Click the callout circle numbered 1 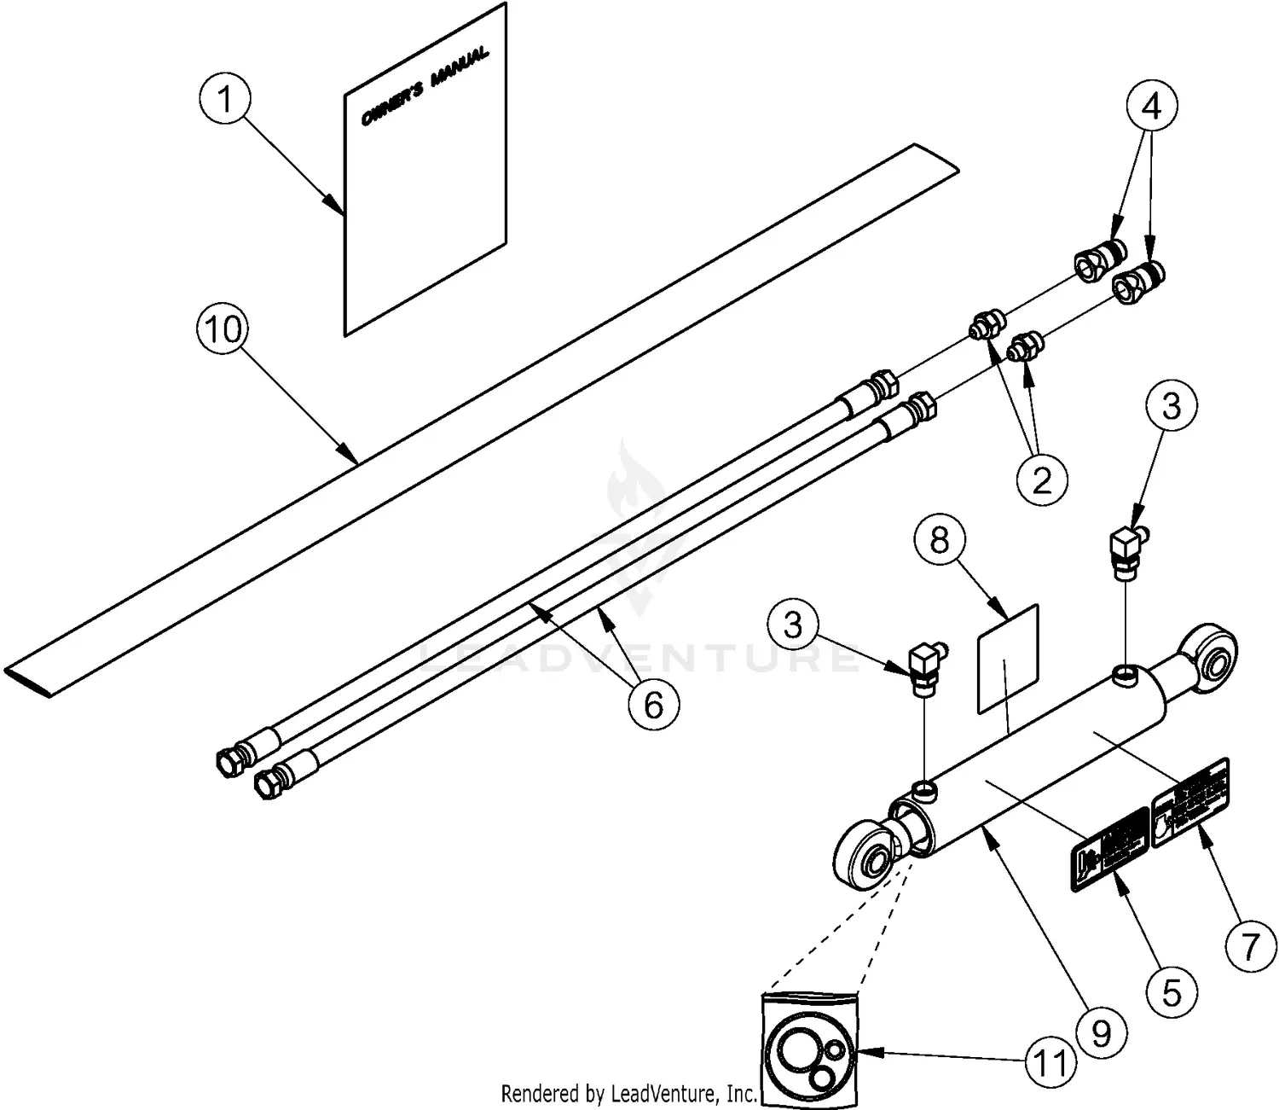tap(225, 100)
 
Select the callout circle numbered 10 tap(223, 328)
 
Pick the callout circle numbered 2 tap(1042, 480)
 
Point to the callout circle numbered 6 tap(653, 705)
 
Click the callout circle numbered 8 tap(940, 540)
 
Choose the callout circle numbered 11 tap(1050, 1062)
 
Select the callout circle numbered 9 tap(1102, 1034)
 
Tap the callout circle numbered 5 tap(1172, 992)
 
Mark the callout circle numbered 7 tap(1250, 947)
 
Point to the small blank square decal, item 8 tap(1007, 659)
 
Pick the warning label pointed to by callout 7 tap(1190, 803)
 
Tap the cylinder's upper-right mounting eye tap(1208, 651)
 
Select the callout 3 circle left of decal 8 tap(793, 625)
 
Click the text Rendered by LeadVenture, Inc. tap(628, 1093)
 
